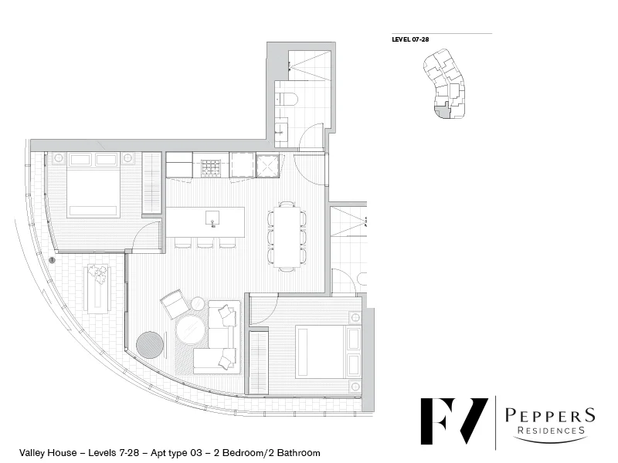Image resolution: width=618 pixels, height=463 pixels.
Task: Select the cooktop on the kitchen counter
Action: pyautogui.click(x=211, y=164)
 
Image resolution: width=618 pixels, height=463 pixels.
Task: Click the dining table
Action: pyautogui.click(x=287, y=236)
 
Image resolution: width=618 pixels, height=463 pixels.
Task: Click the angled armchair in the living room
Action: pyautogui.click(x=175, y=304)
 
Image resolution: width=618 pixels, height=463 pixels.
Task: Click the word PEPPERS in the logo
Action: pyautogui.click(x=550, y=415)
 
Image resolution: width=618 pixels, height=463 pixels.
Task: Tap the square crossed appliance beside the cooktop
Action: pyautogui.click(x=267, y=165)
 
